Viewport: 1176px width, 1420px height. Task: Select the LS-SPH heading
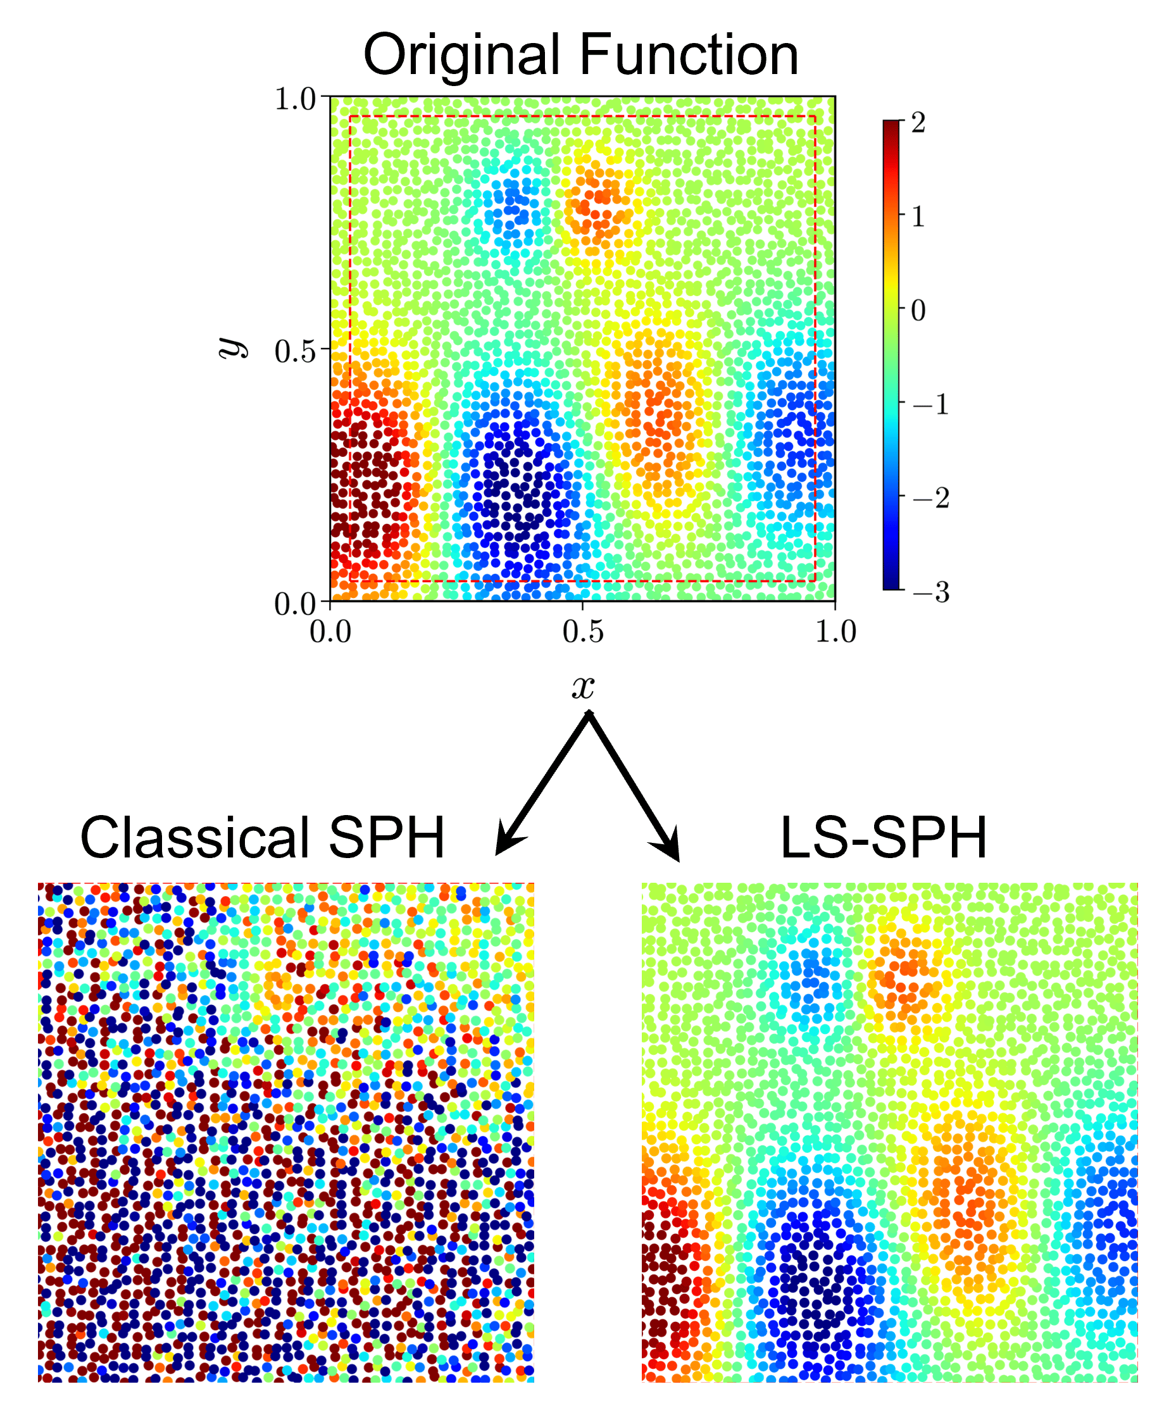[x=883, y=838]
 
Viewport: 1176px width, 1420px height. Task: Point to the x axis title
[x=583, y=687]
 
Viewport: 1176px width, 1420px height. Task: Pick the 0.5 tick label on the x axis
[x=583, y=632]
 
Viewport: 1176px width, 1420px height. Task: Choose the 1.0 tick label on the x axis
[x=836, y=632]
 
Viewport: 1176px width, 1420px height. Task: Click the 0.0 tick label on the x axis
[x=330, y=632]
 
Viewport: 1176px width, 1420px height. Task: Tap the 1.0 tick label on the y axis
[x=295, y=99]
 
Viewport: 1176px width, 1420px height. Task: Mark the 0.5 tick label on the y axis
[x=295, y=352]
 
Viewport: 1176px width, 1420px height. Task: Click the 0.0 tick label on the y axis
[x=295, y=604]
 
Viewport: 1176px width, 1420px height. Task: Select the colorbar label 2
[x=918, y=123]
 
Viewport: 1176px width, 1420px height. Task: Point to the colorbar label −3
[x=931, y=592]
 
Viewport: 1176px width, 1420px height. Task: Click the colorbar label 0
[x=918, y=310]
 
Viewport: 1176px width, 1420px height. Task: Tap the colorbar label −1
[x=931, y=404]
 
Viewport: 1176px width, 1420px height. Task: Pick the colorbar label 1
[x=918, y=217]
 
